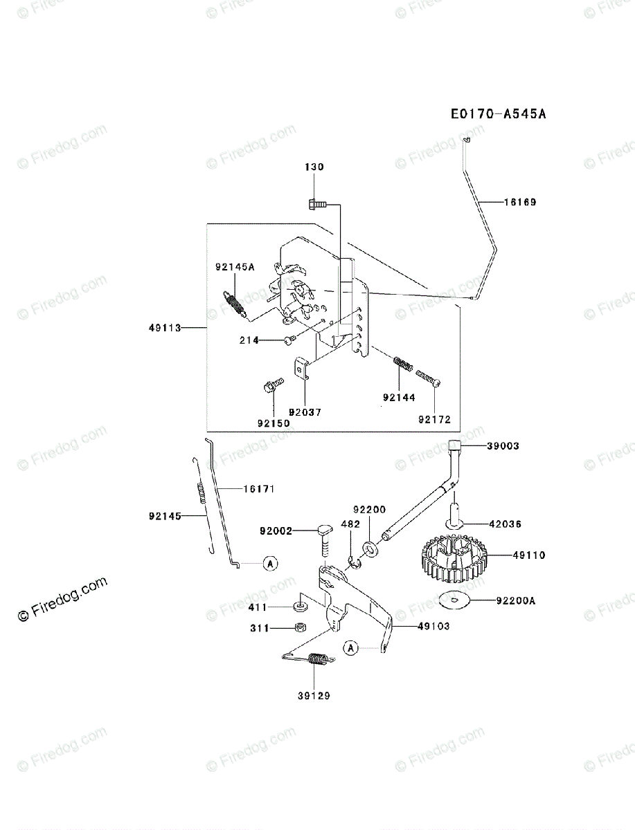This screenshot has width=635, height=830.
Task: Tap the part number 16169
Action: click(519, 203)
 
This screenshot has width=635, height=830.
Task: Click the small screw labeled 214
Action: click(289, 339)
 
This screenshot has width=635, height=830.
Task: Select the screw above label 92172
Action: click(429, 377)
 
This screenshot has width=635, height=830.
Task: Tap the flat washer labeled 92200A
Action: click(454, 601)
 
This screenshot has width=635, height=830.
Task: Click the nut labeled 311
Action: click(301, 628)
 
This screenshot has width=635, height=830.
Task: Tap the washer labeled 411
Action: click(301, 607)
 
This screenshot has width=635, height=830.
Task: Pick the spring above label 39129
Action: click(317, 661)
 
